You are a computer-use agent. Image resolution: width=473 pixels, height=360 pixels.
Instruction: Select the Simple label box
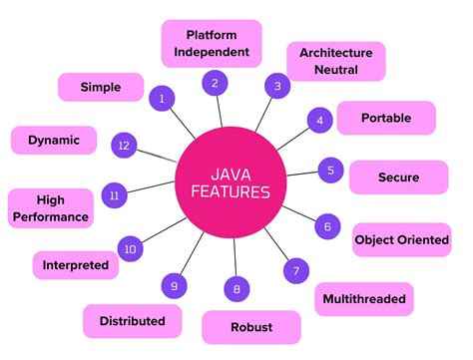(x=101, y=87)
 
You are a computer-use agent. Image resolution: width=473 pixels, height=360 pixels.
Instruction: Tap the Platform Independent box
(x=211, y=43)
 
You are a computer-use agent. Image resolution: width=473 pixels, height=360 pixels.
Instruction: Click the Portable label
(x=386, y=117)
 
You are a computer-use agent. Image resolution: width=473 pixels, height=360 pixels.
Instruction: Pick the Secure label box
(x=398, y=177)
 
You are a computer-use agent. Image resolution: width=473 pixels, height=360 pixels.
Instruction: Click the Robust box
(x=251, y=326)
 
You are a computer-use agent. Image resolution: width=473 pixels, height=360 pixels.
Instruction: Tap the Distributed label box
(x=132, y=321)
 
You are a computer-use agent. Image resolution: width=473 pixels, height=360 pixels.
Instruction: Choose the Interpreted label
(x=76, y=265)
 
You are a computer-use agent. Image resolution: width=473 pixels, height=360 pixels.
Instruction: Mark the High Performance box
(x=49, y=207)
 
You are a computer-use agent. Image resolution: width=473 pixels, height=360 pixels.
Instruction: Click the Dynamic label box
(x=54, y=140)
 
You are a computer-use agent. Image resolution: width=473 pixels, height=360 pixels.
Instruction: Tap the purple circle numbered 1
(x=162, y=98)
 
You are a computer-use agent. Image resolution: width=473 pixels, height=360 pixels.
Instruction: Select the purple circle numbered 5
(x=330, y=171)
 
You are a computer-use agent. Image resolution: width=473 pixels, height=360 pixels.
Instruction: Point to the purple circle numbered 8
(x=236, y=290)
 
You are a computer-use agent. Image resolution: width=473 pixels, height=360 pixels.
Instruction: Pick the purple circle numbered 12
(x=123, y=145)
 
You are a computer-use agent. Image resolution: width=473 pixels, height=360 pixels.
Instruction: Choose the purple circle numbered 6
(x=325, y=226)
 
